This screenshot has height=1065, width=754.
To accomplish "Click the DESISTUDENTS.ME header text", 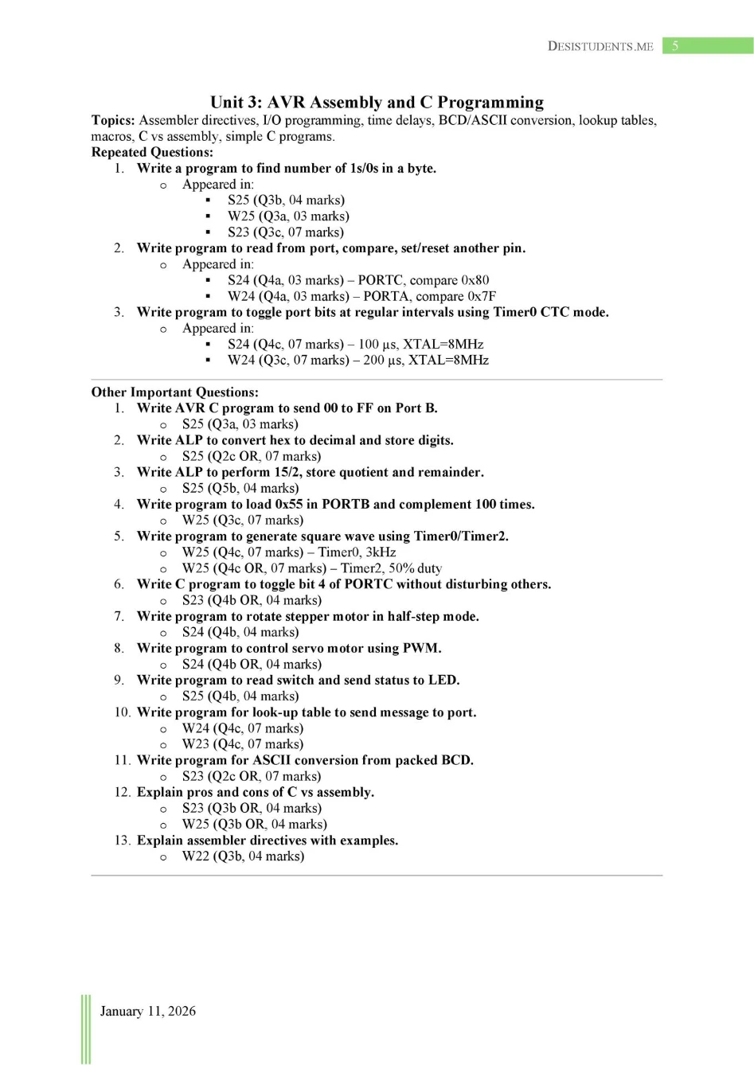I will click(x=600, y=46).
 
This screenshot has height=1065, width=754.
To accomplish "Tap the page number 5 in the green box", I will click(x=675, y=45).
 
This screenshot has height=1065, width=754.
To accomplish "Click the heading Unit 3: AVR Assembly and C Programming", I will click(x=377, y=102).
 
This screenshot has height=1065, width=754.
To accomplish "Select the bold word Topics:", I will click(x=113, y=120).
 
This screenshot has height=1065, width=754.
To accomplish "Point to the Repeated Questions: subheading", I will click(x=152, y=152).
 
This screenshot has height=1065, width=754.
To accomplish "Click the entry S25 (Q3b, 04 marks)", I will click(x=286, y=200).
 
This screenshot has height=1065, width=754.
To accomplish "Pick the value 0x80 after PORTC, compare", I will click(x=475, y=280).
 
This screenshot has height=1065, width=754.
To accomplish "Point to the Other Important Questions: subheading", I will click(x=174, y=392).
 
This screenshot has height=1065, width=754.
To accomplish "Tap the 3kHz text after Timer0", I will click(x=381, y=552).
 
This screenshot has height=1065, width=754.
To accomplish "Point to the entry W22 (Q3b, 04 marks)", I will click(x=243, y=856).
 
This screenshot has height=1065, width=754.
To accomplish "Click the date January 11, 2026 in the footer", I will click(x=147, y=1011).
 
